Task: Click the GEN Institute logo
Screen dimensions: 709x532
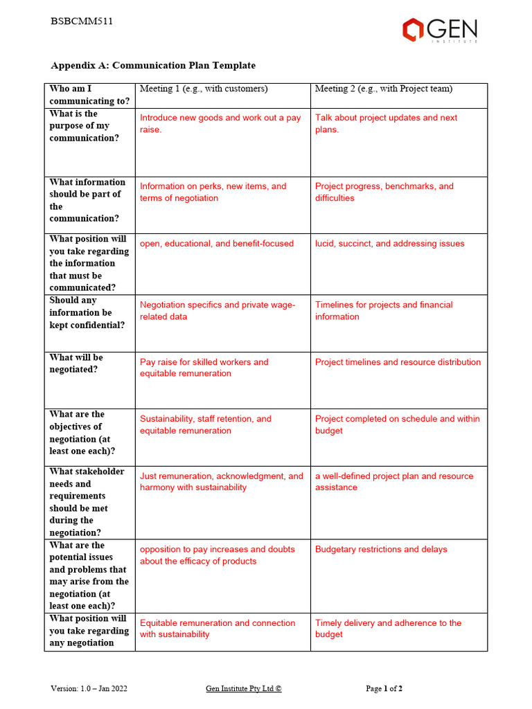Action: [440, 30]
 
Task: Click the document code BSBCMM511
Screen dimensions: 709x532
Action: [82, 21]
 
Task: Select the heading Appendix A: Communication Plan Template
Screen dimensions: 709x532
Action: [153, 66]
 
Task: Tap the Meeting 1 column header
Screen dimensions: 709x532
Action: [204, 89]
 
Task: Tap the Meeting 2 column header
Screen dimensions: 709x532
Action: [384, 89]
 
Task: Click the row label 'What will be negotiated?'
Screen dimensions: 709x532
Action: [76, 364]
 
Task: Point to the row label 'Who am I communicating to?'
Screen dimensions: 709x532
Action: [80, 95]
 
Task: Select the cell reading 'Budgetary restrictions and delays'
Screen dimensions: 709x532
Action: [381, 549]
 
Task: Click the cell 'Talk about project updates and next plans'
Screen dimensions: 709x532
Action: [386, 123]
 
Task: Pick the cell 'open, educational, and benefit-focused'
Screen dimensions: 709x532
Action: [217, 244]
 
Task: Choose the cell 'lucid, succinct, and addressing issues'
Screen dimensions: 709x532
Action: [389, 244]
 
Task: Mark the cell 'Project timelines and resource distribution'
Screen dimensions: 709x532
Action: [398, 362]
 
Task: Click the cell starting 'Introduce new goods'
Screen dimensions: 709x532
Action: [220, 123]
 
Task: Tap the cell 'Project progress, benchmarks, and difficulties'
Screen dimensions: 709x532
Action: [384, 192]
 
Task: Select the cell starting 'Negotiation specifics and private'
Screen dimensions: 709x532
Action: [217, 310]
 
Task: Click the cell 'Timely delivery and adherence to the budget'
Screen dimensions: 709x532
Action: [388, 628]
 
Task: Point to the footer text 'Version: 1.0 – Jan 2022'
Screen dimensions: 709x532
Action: [89, 688]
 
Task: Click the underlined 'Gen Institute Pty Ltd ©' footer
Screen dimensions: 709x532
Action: [244, 688]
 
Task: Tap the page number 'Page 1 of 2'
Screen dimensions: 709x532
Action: [384, 688]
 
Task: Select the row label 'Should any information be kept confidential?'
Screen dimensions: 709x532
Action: [87, 313]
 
